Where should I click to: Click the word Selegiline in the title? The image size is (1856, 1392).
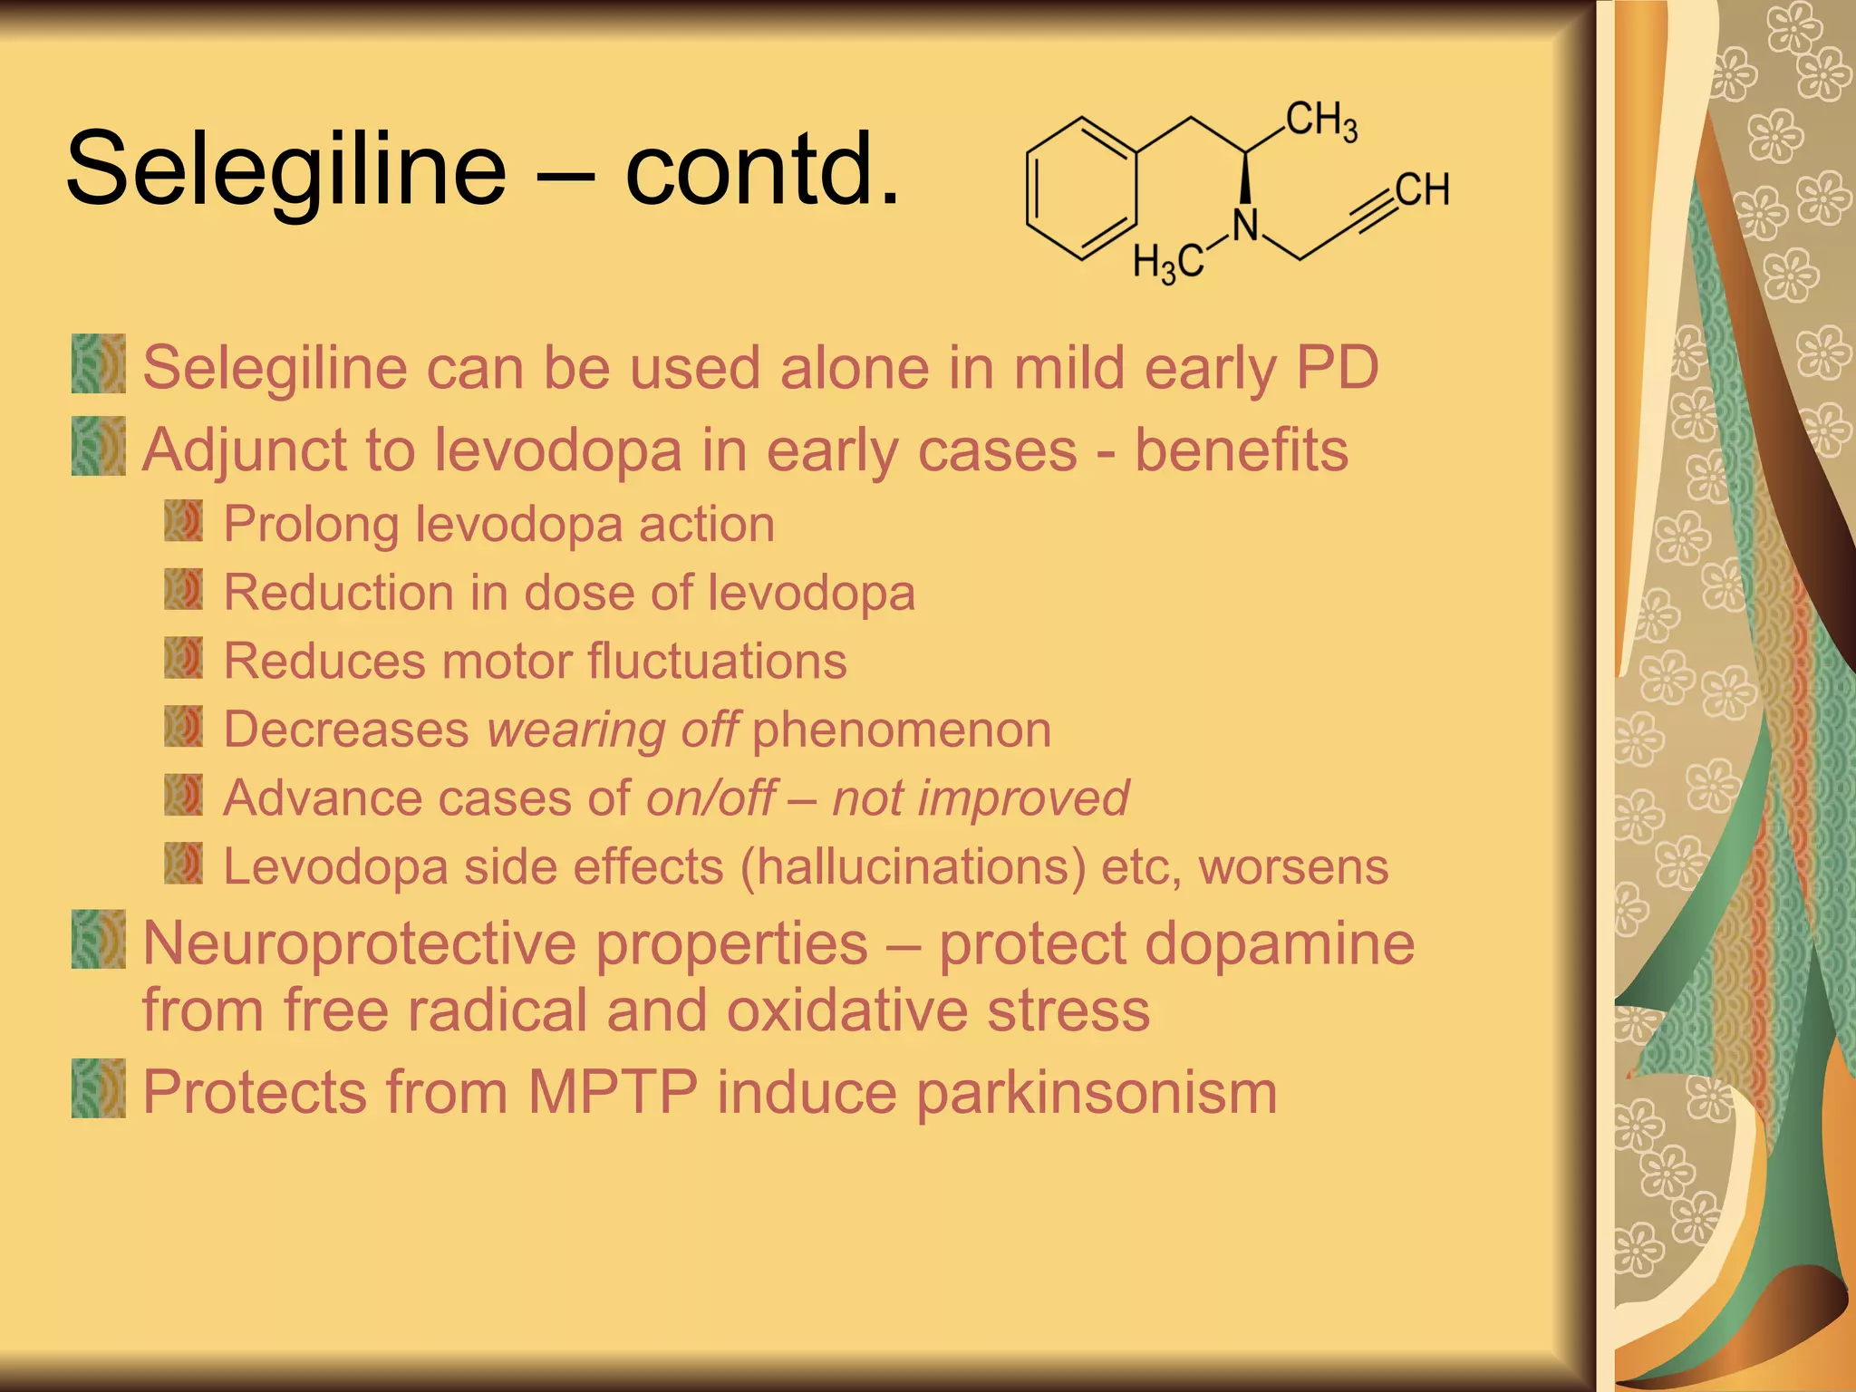pyautogui.click(x=285, y=169)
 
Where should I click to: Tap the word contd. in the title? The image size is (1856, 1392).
pyautogui.click(x=763, y=169)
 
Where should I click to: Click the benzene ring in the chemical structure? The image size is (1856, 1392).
pyautogui.click(x=1081, y=188)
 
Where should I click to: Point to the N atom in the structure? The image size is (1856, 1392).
pyautogui.click(x=1246, y=225)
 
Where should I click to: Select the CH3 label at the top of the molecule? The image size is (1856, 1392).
pyautogui.click(x=1321, y=121)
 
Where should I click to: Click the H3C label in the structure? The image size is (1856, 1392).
pyautogui.click(x=1167, y=264)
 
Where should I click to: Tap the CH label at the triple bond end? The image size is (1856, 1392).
pyautogui.click(x=1422, y=190)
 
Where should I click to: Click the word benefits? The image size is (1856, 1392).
pyautogui.click(x=1241, y=450)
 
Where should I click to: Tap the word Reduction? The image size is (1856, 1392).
pyautogui.click(x=338, y=593)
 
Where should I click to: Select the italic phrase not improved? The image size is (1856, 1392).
pyautogui.click(x=981, y=798)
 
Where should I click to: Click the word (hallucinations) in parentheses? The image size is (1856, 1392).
pyautogui.click(x=913, y=867)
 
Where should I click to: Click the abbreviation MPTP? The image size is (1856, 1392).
pyautogui.click(x=613, y=1092)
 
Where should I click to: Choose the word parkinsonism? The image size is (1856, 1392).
pyautogui.click(x=1097, y=1093)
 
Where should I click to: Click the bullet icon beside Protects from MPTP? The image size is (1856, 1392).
pyautogui.click(x=99, y=1088)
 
